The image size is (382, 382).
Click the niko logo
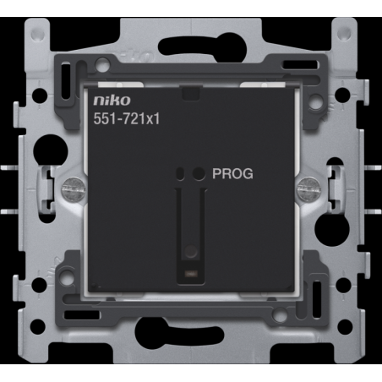point(112,101)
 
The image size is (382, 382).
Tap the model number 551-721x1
point(127,118)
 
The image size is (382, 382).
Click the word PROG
point(232,173)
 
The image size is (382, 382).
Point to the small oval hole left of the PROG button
point(180,173)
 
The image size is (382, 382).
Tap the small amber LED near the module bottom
point(191,273)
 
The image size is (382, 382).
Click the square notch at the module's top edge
point(191,93)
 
